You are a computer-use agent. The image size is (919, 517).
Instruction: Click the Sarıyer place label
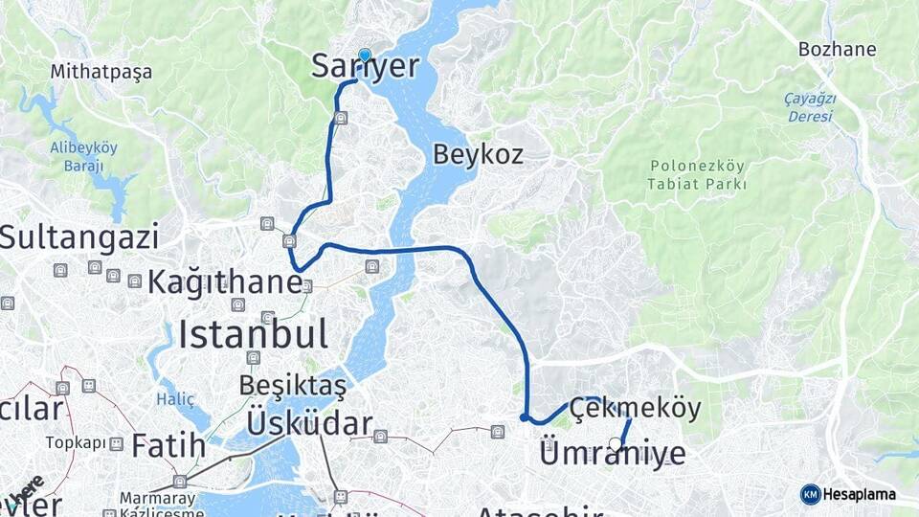[366, 66]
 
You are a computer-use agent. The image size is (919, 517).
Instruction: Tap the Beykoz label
[478, 153]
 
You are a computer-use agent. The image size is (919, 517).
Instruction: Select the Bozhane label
[837, 48]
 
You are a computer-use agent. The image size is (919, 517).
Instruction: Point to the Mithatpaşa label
[101, 71]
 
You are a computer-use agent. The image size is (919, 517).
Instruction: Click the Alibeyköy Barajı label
[84, 156]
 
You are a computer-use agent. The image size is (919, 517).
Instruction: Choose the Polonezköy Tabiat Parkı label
[696, 174]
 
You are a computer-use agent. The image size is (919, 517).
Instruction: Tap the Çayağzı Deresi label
[810, 107]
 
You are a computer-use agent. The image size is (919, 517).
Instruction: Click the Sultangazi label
[78, 237]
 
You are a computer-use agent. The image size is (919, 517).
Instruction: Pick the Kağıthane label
[225, 283]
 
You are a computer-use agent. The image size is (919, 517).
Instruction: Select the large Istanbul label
[253, 334]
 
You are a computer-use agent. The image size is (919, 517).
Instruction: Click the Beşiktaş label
[292, 386]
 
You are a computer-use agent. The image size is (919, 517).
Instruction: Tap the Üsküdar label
[309, 423]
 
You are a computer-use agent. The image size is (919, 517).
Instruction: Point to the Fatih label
[168, 445]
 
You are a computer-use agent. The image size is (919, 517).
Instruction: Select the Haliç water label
[176, 399]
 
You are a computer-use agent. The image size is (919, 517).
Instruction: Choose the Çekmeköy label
[635, 408]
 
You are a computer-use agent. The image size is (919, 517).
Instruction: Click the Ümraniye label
[613, 452]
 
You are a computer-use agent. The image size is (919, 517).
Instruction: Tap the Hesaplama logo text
[860, 494]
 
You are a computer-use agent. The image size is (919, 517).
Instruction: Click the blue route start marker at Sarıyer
[365, 55]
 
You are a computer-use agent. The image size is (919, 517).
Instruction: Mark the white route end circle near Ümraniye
[616, 443]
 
